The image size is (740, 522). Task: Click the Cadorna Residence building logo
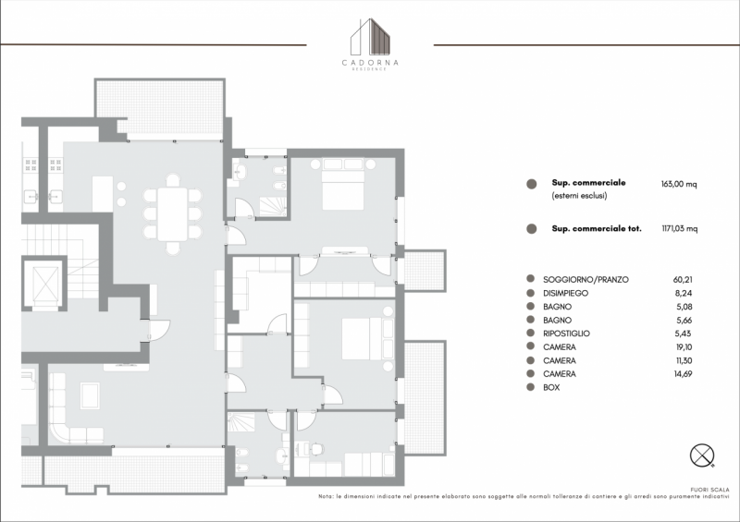click(x=371, y=37)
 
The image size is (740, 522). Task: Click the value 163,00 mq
click(x=679, y=184)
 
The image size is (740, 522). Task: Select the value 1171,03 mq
click(x=680, y=229)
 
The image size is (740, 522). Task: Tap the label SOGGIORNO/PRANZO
click(x=586, y=280)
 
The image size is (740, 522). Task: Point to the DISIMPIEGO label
click(x=565, y=293)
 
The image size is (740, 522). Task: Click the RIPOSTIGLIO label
click(x=566, y=334)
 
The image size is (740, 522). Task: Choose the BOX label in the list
click(x=551, y=388)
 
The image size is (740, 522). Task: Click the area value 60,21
click(x=683, y=280)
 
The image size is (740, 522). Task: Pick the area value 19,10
click(x=684, y=347)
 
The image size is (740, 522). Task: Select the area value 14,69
click(x=684, y=374)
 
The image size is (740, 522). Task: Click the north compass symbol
click(x=702, y=455)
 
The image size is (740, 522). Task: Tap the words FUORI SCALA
click(x=709, y=490)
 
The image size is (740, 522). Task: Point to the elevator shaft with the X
click(x=44, y=284)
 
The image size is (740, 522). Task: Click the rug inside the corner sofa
click(x=90, y=395)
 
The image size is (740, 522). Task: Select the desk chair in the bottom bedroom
click(x=316, y=448)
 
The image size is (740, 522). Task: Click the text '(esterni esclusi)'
click(x=579, y=196)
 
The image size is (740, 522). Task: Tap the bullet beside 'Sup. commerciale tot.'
click(x=531, y=229)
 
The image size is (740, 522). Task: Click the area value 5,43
click(x=684, y=334)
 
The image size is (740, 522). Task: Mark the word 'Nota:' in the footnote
click(x=326, y=496)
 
